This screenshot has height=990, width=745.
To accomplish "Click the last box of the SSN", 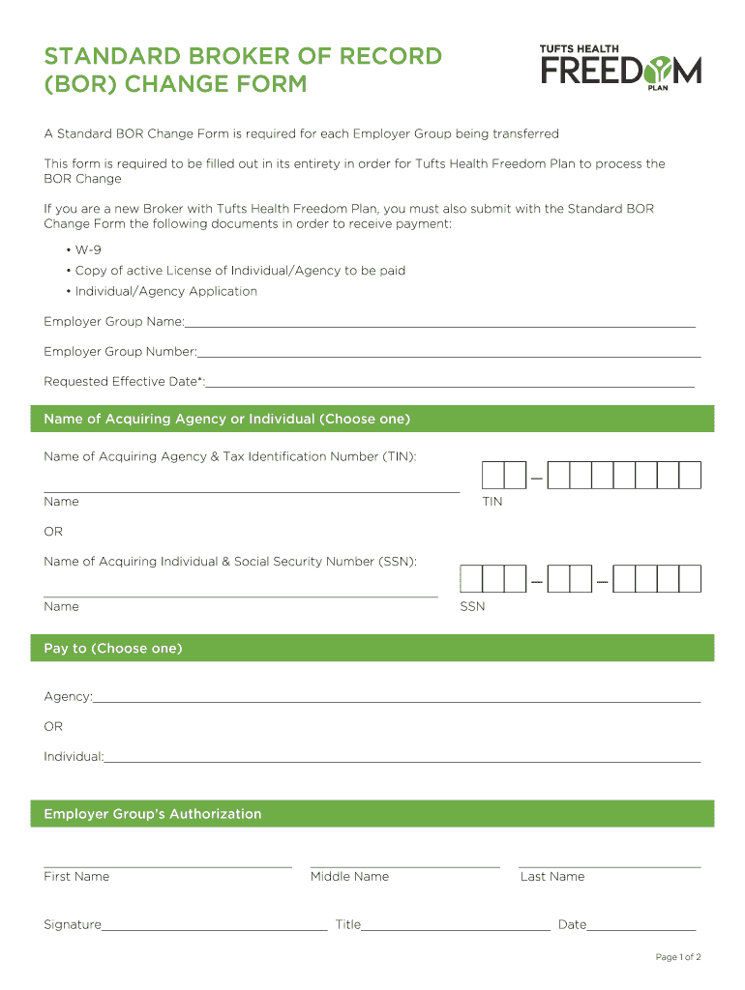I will pos(690,579).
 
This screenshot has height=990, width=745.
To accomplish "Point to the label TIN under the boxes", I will pos(492,502).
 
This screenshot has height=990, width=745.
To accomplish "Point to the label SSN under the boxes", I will pos(472,606).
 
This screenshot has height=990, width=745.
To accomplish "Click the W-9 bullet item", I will pos(88,249).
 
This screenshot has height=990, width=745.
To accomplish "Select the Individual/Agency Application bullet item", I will pos(165,291).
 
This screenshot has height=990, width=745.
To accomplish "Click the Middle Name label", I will pos(349,877).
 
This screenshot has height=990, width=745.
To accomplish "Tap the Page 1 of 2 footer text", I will pos(677,957).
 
